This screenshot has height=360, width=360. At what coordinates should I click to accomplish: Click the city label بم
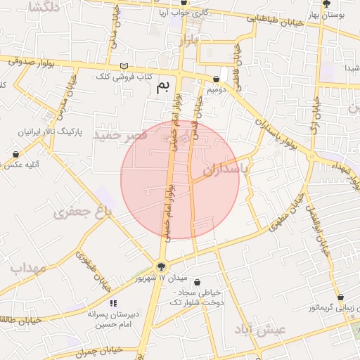tap(162, 86)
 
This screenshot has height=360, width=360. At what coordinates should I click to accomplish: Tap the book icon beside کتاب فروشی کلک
tap(124, 67)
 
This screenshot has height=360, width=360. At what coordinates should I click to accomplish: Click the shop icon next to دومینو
tap(215, 79)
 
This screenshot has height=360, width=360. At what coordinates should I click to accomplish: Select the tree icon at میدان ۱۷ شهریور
tap(162, 266)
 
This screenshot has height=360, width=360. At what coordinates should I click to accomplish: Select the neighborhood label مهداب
tap(27, 268)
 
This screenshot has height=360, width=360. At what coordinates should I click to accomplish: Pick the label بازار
tap(188, 40)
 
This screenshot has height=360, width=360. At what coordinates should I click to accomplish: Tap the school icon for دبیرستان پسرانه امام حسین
tap(113, 303)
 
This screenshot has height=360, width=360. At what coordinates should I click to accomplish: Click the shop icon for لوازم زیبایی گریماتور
tap(340, 297)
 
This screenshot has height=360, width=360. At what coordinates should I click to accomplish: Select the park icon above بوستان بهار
tap(325, 3)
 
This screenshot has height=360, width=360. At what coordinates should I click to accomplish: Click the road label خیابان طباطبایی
tap(276, 27)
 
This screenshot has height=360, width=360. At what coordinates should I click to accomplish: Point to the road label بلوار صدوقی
tap(32, 61)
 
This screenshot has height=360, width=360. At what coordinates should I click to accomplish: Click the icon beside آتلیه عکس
tap(16, 154)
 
